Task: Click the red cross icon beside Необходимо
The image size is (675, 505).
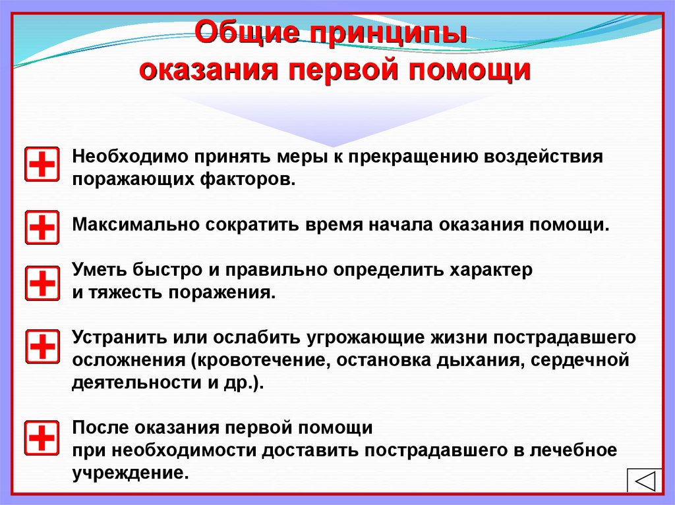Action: coord(42,164)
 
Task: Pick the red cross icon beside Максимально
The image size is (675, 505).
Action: coord(42,227)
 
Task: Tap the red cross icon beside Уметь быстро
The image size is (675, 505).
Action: coord(42,283)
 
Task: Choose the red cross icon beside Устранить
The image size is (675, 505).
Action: coord(42,347)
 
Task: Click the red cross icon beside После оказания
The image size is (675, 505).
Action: coord(42,438)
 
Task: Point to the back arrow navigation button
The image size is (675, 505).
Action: coord(644,481)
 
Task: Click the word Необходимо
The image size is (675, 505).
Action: coord(131,157)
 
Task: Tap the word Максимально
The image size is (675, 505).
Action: coord(136,225)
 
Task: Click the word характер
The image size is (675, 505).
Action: coord(491,270)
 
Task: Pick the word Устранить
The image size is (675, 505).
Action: coord(120,337)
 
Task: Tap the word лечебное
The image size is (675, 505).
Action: coord(573,450)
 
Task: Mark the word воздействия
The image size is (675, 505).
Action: coord(543,157)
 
